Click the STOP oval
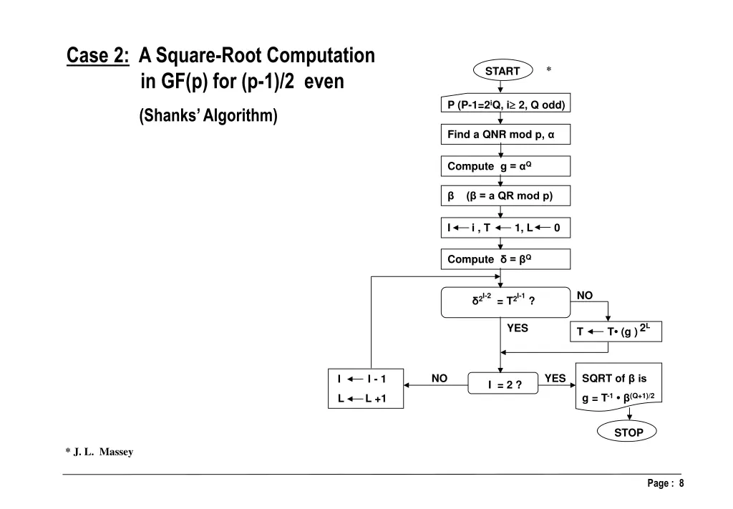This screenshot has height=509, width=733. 628,432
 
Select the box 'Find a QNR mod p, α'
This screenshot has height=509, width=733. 505,135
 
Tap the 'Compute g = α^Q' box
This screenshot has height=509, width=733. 505,166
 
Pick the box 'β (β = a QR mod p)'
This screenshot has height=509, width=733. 505,195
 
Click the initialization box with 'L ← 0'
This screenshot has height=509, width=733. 505,228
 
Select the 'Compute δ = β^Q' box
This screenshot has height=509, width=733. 505,259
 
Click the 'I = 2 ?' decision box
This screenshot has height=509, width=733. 504,384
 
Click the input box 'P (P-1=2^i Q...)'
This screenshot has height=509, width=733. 505,105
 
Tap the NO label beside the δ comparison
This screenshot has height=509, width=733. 585,295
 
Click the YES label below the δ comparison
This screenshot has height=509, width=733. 517,328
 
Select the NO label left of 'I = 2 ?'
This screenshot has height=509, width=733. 440,378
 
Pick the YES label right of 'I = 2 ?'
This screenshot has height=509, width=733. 555,378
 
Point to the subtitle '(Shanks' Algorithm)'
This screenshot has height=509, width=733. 208,115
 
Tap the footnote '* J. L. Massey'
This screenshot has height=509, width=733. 99,452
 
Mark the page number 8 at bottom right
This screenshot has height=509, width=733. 681,483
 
